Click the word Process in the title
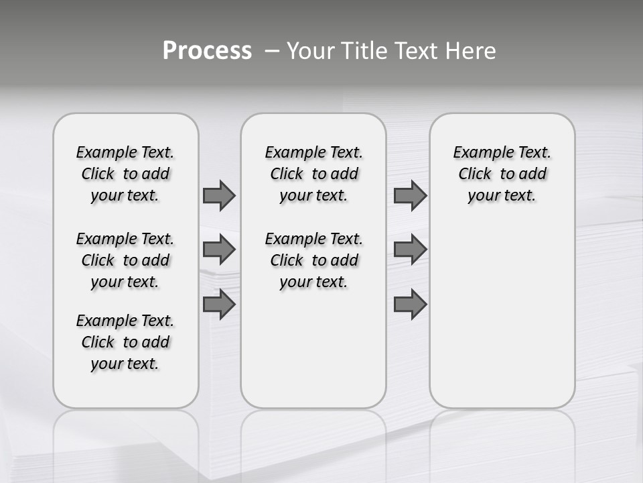(x=207, y=51)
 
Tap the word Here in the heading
(x=470, y=51)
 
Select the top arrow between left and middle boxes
(x=219, y=196)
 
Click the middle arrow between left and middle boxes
(x=219, y=250)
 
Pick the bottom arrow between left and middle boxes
(x=219, y=305)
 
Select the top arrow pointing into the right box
(x=410, y=196)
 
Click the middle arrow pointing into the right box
(x=410, y=250)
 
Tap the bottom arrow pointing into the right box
(x=410, y=305)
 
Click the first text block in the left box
(x=125, y=174)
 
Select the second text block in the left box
(x=125, y=260)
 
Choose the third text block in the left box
(x=125, y=342)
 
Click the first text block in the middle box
(x=313, y=174)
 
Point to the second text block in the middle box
(x=313, y=260)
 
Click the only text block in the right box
(x=502, y=174)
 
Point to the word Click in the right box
(x=475, y=174)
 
